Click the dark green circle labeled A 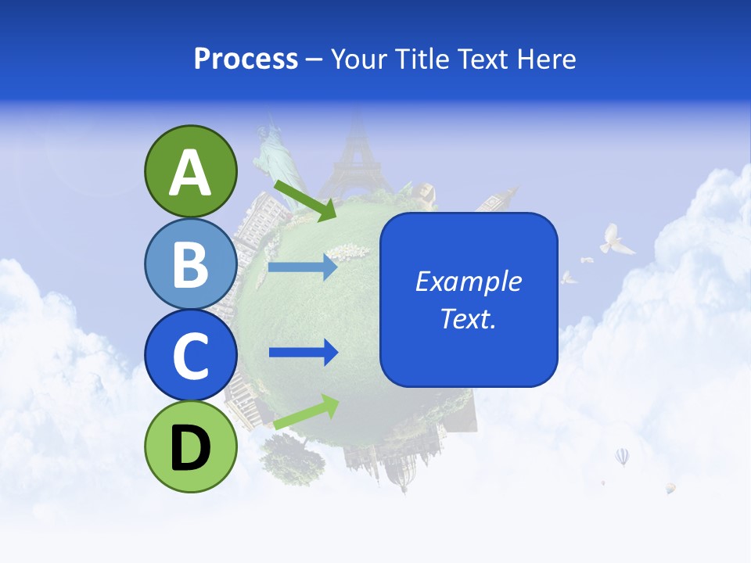tap(190, 171)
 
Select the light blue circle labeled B tap(190, 264)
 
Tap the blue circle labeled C tap(190, 355)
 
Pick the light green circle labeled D tap(190, 446)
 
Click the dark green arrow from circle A tap(305, 200)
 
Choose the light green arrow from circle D tap(306, 411)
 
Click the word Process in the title tap(246, 59)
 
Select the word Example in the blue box tap(468, 281)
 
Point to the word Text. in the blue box tap(468, 318)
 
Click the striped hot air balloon tap(622, 456)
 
